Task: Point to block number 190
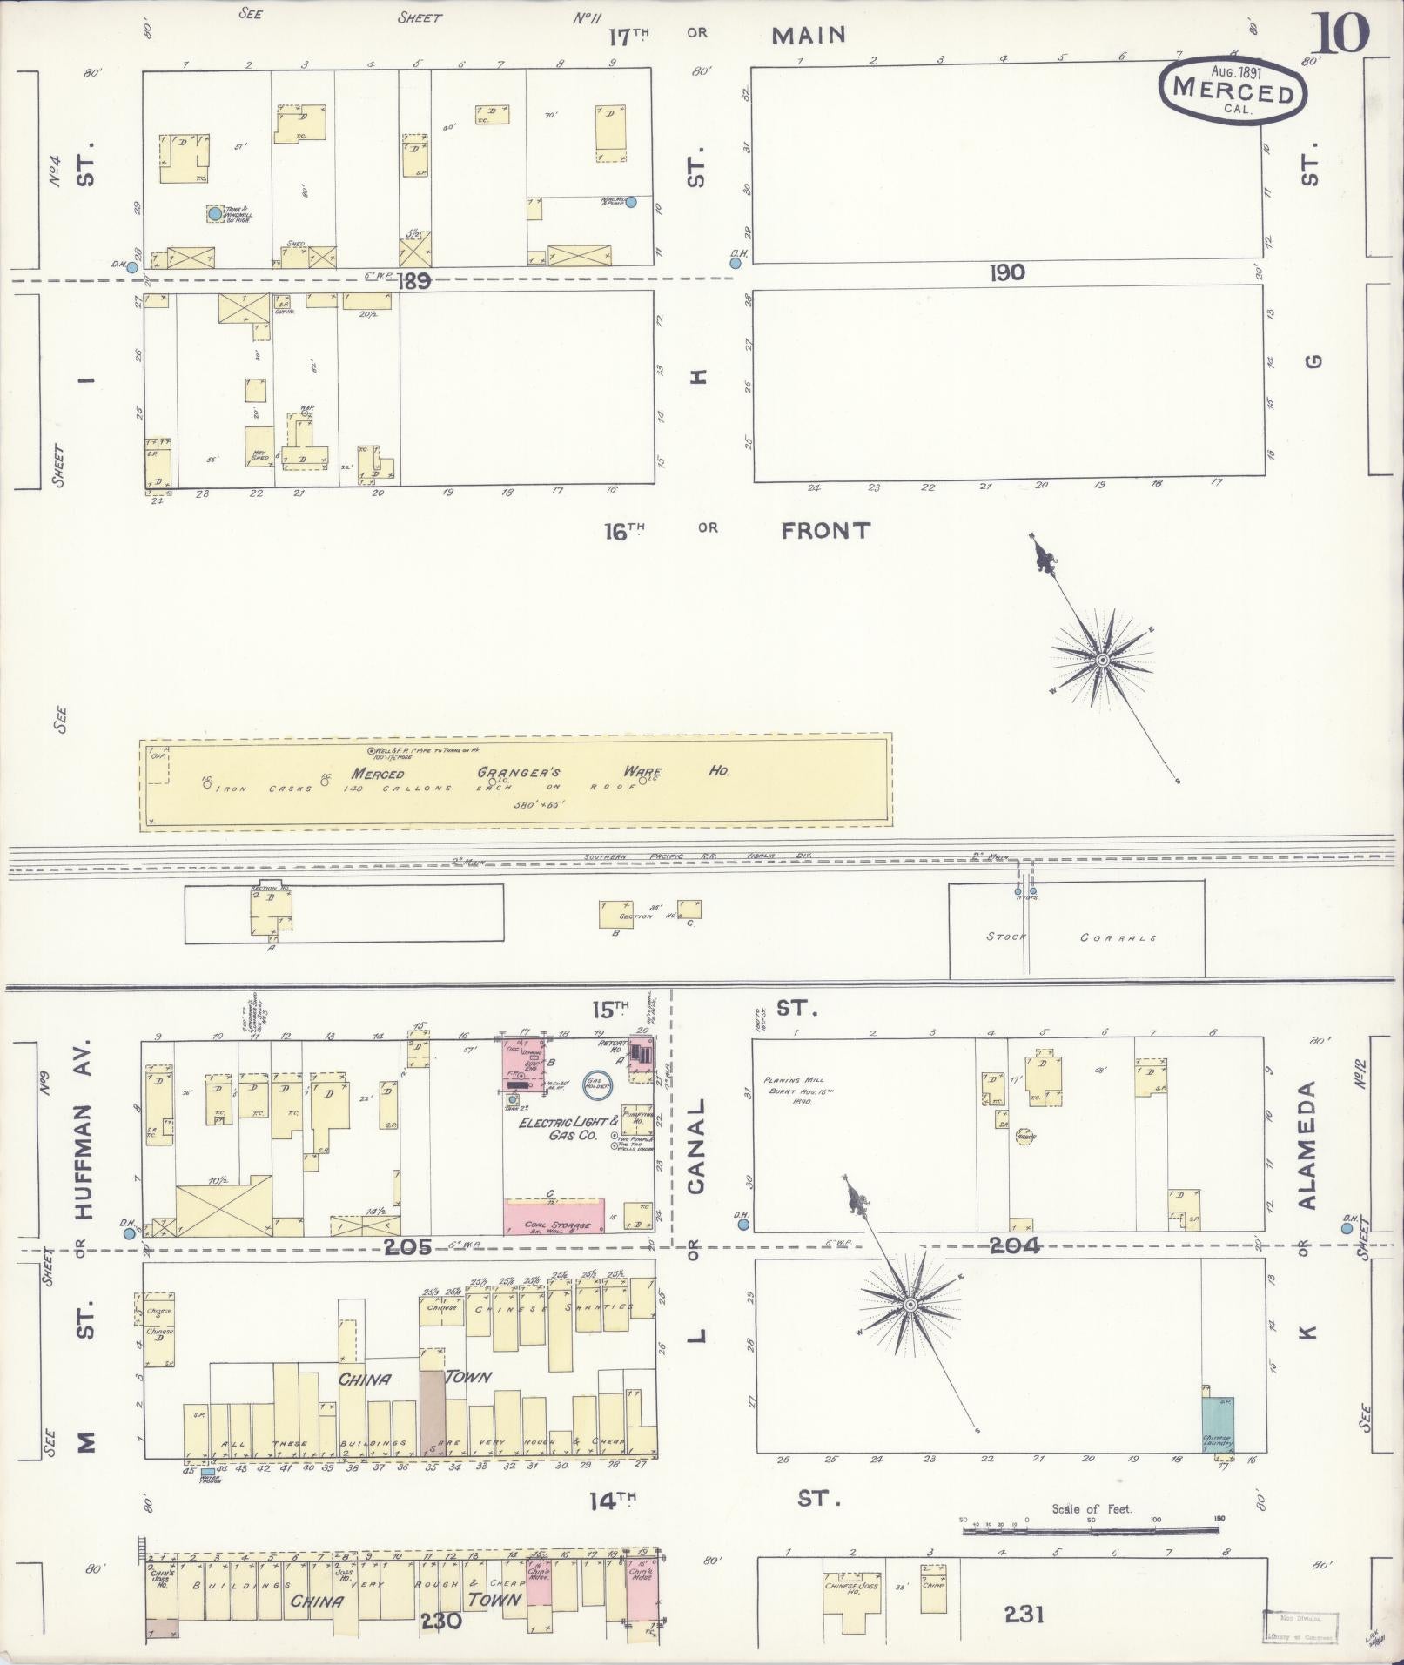point(1006,272)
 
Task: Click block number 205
point(407,1246)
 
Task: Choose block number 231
point(1024,1615)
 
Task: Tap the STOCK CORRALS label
point(1071,937)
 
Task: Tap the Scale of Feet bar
point(1091,1554)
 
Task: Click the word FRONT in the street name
point(825,530)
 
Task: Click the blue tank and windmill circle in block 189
point(214,213)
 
